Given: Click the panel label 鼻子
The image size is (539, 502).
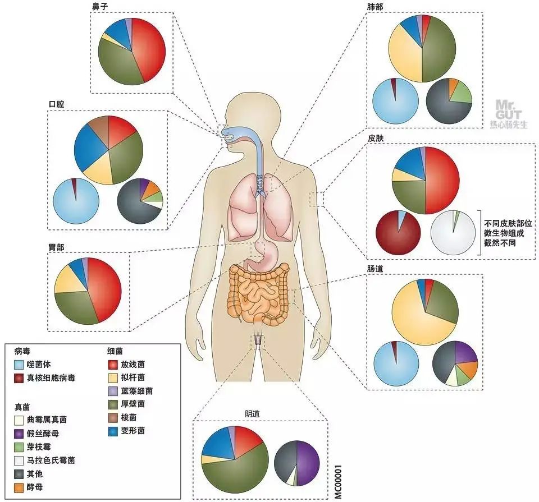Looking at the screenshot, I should click(x=100, y=6).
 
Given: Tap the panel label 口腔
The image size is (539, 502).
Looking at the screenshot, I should click(x=57, y=104).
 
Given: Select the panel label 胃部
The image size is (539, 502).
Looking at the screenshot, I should click(x=56, y=246).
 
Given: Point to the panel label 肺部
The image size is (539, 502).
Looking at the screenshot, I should click(x=374, y=6).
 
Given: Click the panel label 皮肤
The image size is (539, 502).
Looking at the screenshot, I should click(x=375, y=137).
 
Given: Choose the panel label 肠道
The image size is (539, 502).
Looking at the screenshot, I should click(x=375, y=269).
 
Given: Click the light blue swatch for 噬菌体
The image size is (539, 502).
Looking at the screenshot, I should click(x=19, y=365).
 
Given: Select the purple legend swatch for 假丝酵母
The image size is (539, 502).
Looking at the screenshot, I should click(x=19, y=433).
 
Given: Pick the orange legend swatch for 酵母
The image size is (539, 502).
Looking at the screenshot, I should click(x=19, y=487).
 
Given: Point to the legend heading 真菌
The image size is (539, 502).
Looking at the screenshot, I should click(x=22, y=405).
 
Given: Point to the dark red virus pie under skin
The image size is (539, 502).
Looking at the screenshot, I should click(x=398, y=233).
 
